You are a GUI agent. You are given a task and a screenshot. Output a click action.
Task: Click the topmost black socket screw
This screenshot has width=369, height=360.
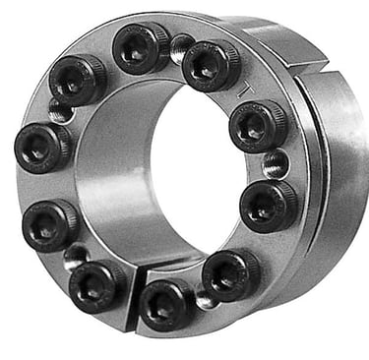(x=140, y=46)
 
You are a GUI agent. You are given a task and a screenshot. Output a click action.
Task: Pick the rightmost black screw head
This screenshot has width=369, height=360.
(x=269, y=206)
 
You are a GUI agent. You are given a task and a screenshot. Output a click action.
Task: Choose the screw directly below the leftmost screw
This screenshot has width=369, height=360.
(x=47, y=223)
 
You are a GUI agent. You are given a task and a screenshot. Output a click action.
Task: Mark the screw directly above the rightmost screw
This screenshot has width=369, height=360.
(x=257, y=125)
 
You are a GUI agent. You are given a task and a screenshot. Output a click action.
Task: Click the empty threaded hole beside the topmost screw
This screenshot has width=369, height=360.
(x=180, y=43)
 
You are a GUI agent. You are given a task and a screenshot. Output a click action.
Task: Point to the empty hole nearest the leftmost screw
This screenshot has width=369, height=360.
(x=60, y=113)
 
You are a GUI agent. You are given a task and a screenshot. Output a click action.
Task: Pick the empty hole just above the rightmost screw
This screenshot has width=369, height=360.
(x=277, y=163)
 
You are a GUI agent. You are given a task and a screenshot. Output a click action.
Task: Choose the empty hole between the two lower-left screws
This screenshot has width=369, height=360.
(x=73, y=256)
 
